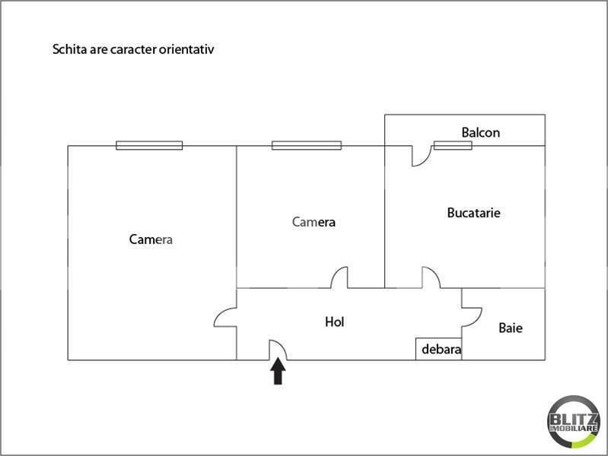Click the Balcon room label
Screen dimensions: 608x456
coord(480,133)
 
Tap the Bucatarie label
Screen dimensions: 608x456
coord(473,213)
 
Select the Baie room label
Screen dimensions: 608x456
coord(511,328)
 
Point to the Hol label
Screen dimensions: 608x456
coord(334,321)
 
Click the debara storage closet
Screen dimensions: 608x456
coord(439,349)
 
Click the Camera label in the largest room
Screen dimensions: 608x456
coord(151,239)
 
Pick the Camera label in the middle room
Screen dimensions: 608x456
coord(314,222)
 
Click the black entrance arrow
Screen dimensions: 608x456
coord(278,371)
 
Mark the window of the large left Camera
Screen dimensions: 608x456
coord(149,145)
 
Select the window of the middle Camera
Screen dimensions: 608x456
coord(307,145)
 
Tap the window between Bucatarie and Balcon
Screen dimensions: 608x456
coord(453,145)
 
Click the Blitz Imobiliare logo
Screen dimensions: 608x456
coord(574,422)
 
